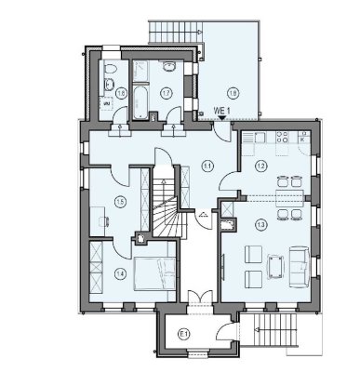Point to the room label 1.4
click(120, 273)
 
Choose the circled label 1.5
click(120, 203)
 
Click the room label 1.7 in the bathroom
click(165, 92)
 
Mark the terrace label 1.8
click(233, 92)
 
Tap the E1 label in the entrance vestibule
click(184, 333)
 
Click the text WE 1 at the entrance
click(222, 110)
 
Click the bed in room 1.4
click(153, 272)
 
